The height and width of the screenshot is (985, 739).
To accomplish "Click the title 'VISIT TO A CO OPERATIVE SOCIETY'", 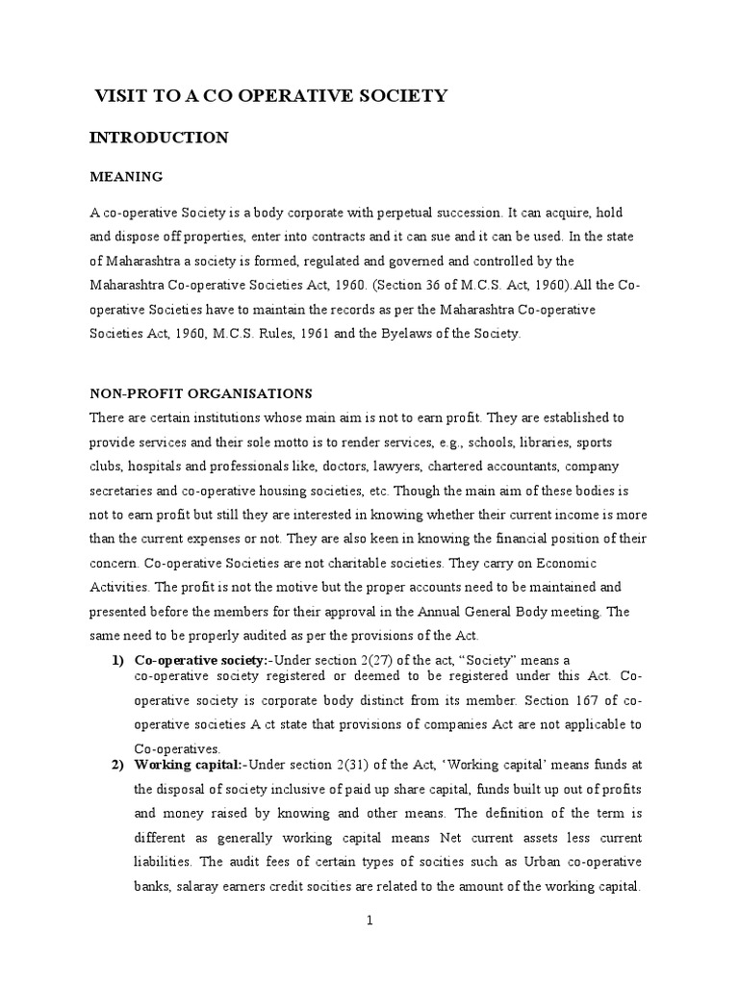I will (270, 95).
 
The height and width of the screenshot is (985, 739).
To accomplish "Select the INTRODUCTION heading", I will (159, 138).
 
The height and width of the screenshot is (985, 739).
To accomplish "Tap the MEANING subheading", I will (126, 177).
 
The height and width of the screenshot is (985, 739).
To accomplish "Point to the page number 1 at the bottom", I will (369, 921).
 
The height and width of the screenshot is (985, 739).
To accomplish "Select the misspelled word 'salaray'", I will (188, 886).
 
